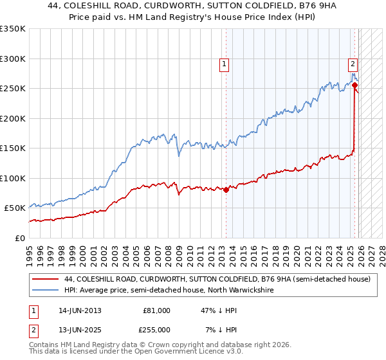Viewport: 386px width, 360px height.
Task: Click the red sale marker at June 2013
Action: pyautogui.click(x=226, y=190)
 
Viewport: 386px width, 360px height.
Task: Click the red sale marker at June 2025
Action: pyautogui.click(x=354, y=85)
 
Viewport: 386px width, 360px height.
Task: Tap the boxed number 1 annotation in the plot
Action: pyautogui.click(x=224, y=64)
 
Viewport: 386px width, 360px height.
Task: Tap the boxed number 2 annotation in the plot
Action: pyautogui.click(x=353, y=64)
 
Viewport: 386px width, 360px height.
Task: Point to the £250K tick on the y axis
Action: pyautogui.click(x=13, y=88)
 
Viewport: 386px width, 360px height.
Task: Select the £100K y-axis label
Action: pyautogui.click(x=13, y=178)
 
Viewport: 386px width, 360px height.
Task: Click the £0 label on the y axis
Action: pyautogui.click(x=19, y=238)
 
